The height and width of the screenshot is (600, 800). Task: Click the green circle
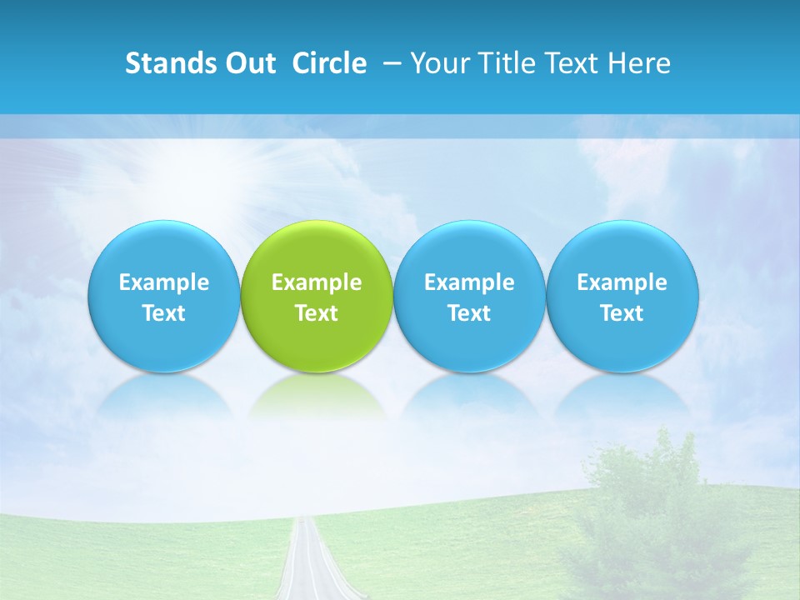[316, 297]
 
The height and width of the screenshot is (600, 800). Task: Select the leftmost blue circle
[163, 297]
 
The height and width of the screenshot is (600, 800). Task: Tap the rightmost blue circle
[622, 297]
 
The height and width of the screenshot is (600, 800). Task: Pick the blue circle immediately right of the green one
[468, 297]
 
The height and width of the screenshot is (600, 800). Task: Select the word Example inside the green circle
[317, 282]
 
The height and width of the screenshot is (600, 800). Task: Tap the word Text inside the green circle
[317, 313]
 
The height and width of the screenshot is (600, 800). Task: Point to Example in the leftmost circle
[164, 282]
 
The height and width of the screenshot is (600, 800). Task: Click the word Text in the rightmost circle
[622, 313]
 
